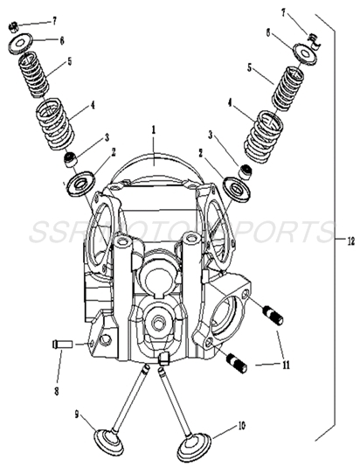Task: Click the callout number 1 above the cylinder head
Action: coord(154,129)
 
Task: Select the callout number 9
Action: coord(76,414)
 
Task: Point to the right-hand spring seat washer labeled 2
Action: coord(235,187)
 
